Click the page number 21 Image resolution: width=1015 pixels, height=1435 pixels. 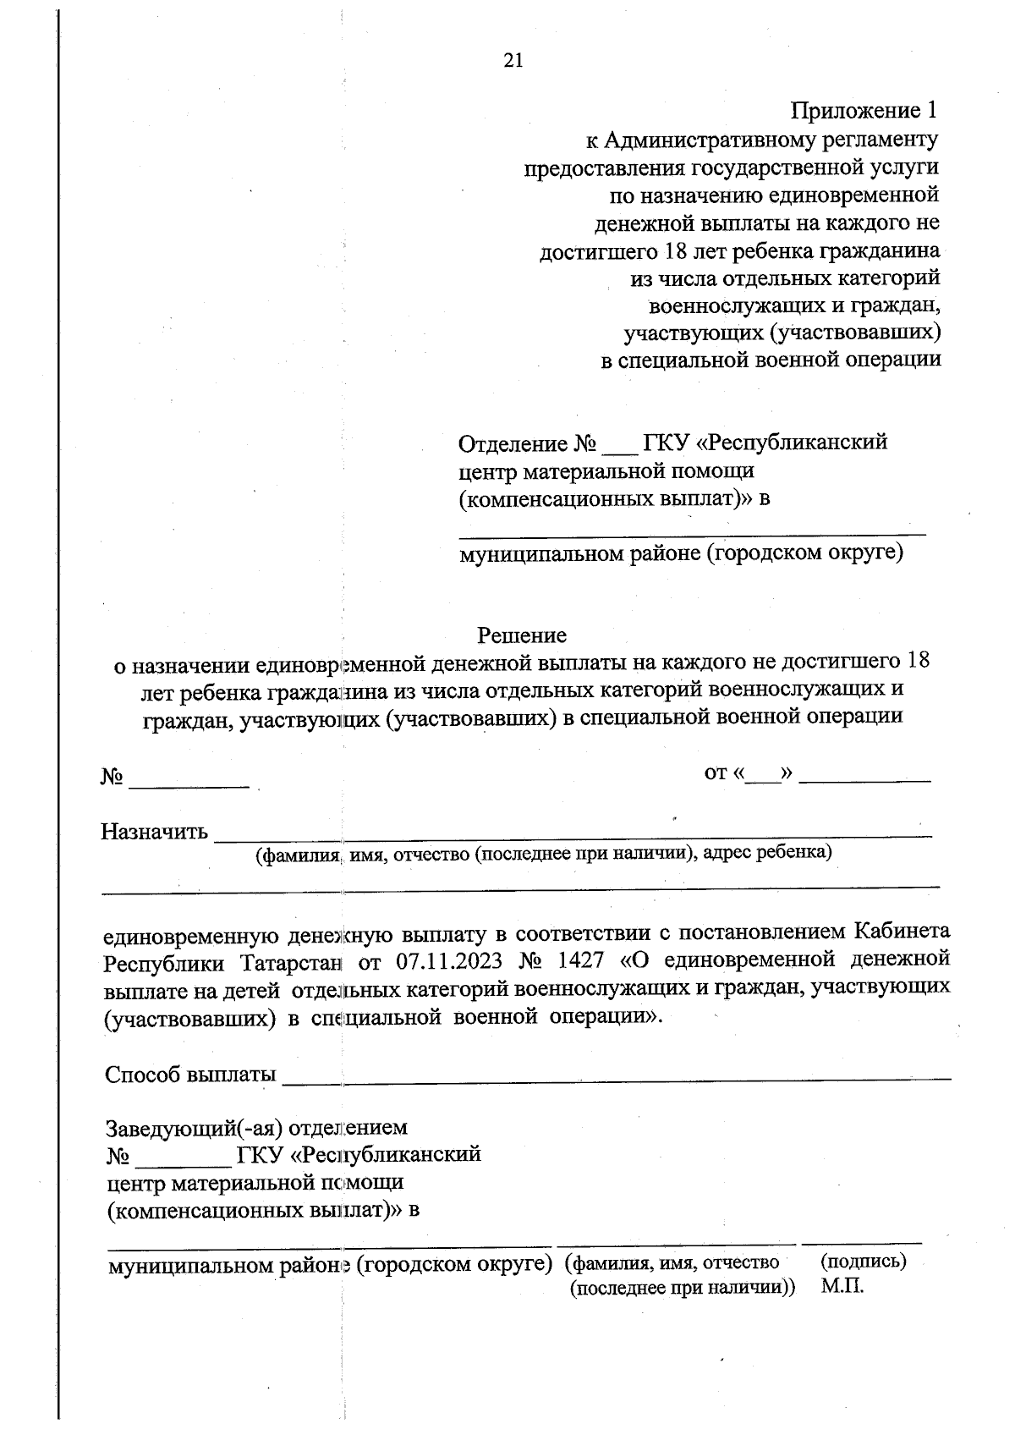tap(513, 60)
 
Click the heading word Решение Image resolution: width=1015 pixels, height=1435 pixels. tap(522, 635)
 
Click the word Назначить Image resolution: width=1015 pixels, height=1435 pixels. tap(154, 832)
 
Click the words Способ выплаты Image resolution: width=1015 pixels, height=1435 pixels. tap(190, 1075)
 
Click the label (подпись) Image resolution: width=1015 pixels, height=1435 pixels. tap(863, 1262)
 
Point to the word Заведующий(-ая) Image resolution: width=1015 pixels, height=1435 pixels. tap(195, 1128)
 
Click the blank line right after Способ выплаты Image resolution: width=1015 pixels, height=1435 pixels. tap(617, 1077)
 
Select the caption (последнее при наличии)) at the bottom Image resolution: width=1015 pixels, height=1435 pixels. tap(683, 1289)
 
